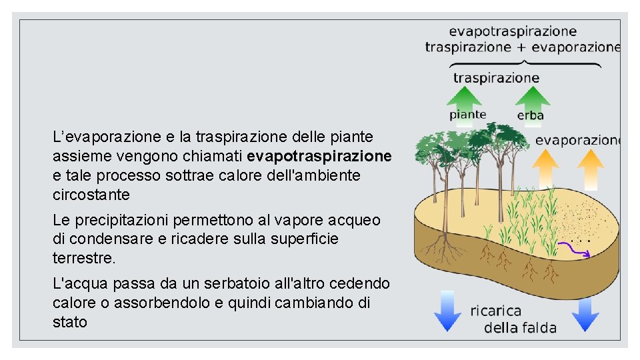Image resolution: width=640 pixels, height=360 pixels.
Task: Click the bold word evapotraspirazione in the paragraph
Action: (319, 156)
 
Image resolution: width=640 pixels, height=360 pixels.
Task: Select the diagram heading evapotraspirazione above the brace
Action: (513, 31)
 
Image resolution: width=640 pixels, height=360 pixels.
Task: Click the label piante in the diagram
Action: (467, 115)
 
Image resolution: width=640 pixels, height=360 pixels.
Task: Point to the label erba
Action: (531, 116)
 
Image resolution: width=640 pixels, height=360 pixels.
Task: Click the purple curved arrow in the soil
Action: (573, 249)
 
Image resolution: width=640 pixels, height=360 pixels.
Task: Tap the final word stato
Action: (69, 323)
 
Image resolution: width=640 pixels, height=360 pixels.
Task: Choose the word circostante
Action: (91, 195)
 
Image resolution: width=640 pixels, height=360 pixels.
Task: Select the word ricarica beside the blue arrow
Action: (496, 311)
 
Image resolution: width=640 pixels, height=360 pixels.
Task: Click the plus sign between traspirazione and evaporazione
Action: (522, 47)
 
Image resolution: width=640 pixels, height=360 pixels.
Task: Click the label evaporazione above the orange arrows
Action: (577, 140)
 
